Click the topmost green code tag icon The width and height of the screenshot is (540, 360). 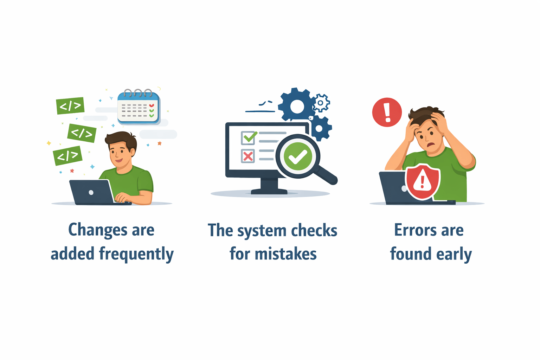tap(70, 105)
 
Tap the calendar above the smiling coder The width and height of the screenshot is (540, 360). tap(138, 108)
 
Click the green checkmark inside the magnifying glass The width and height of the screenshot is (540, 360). tap(298, 156)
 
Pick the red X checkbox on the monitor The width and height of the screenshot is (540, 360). tap(248, 156)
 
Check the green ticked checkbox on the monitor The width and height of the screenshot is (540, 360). tap(249, 138)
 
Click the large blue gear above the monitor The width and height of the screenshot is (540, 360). tap(296, 105)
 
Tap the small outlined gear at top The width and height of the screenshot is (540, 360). tap(321, 103)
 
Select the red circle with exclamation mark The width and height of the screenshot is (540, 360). tap(387, 112)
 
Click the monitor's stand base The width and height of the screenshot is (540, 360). tap(269, 192)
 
